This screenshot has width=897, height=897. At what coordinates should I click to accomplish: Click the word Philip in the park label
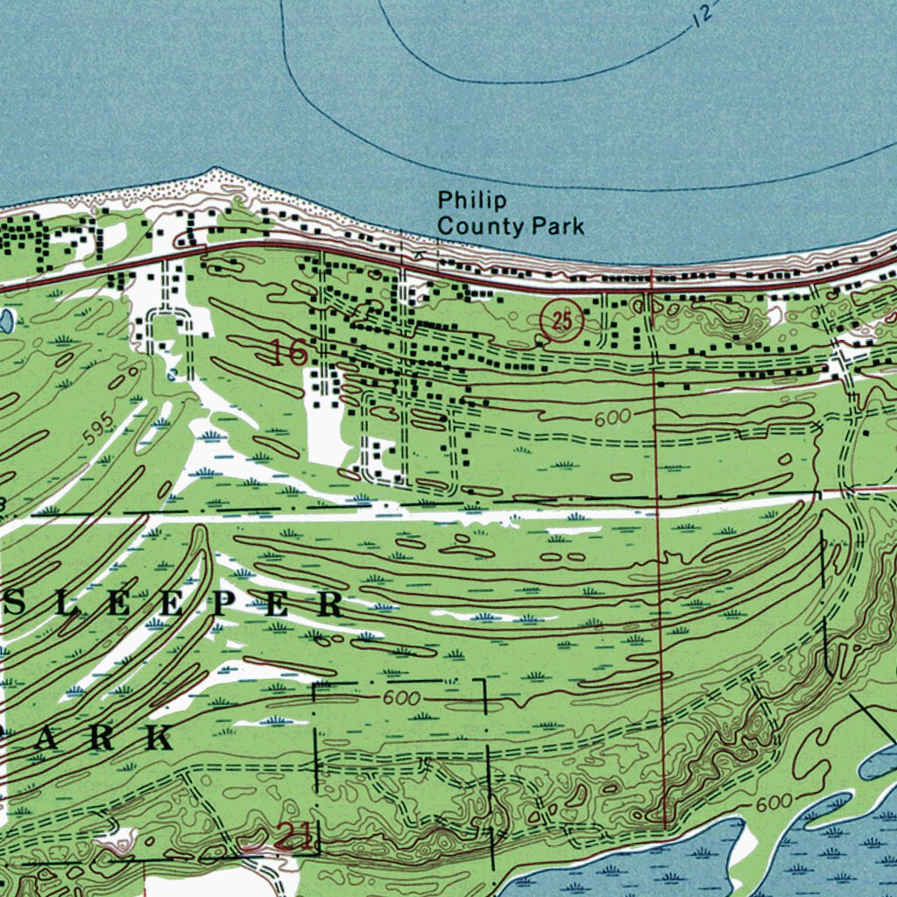click(x=471, y=201)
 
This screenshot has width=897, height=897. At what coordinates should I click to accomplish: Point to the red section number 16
click(x=288, y=353)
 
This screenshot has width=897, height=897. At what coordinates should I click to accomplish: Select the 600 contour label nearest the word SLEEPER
click(x=401, y=698)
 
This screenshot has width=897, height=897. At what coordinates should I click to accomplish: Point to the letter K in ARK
click(x=159, y=738)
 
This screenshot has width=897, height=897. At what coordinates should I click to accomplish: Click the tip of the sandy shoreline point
click(x=213, y=171)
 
